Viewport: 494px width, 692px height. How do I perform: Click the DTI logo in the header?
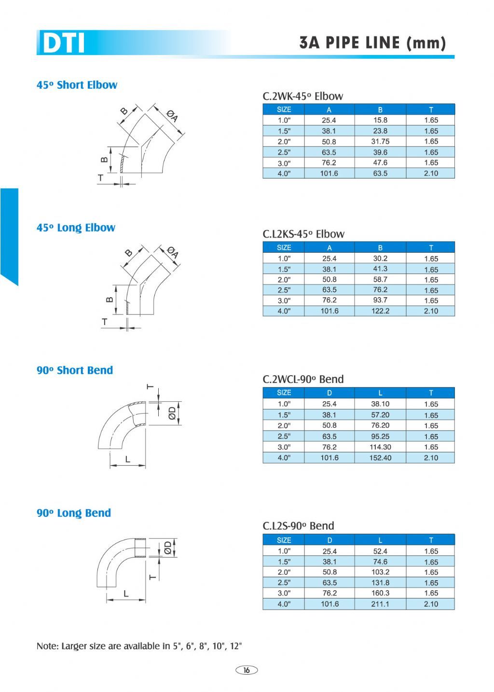(63, 42)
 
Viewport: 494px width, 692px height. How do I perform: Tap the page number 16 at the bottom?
(246, 670)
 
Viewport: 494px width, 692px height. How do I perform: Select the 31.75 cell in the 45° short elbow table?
(380, 141)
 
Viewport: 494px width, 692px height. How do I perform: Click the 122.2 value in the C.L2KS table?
(380, 311)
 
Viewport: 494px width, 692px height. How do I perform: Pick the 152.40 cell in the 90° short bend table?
(380, 458)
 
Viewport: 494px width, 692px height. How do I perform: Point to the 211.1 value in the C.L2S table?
(380, 604)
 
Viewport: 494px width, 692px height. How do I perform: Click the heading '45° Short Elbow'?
(77, 85)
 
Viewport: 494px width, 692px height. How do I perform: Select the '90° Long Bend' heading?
(74, 513)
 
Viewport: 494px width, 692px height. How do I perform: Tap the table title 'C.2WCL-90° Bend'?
(303, 379)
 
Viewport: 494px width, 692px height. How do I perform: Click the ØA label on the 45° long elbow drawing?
(173, 252)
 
